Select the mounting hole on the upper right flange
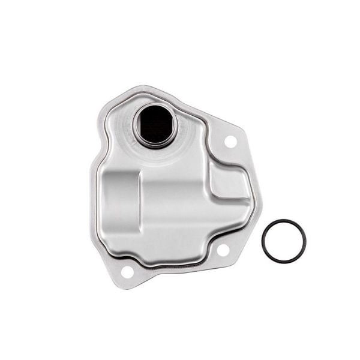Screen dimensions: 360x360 [x=230, y=142]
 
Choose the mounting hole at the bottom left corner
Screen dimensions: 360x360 [x=127, y=272]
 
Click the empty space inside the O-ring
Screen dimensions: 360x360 [x=284, y=241]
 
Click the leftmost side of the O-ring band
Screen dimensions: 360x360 [x=263, y=241]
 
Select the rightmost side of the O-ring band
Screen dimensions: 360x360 [x=304, y=241]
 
